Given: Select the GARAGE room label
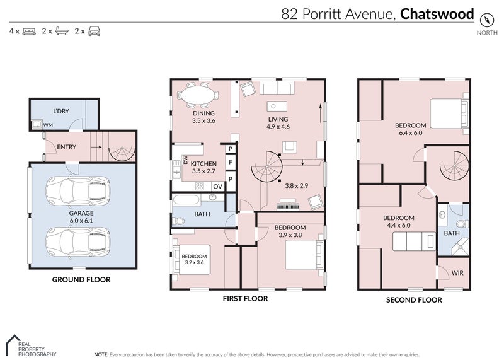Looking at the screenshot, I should (x=81, y=213).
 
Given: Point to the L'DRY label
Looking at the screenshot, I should (x=60, y=111).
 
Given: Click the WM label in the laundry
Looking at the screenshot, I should (x=48, y=125).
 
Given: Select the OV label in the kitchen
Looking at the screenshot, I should (x=217, y=186).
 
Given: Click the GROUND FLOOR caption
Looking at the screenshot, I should (x=81, y=279).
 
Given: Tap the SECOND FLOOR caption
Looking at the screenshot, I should (x=413, y=300).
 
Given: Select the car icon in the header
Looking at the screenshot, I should (x=94, y=30).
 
